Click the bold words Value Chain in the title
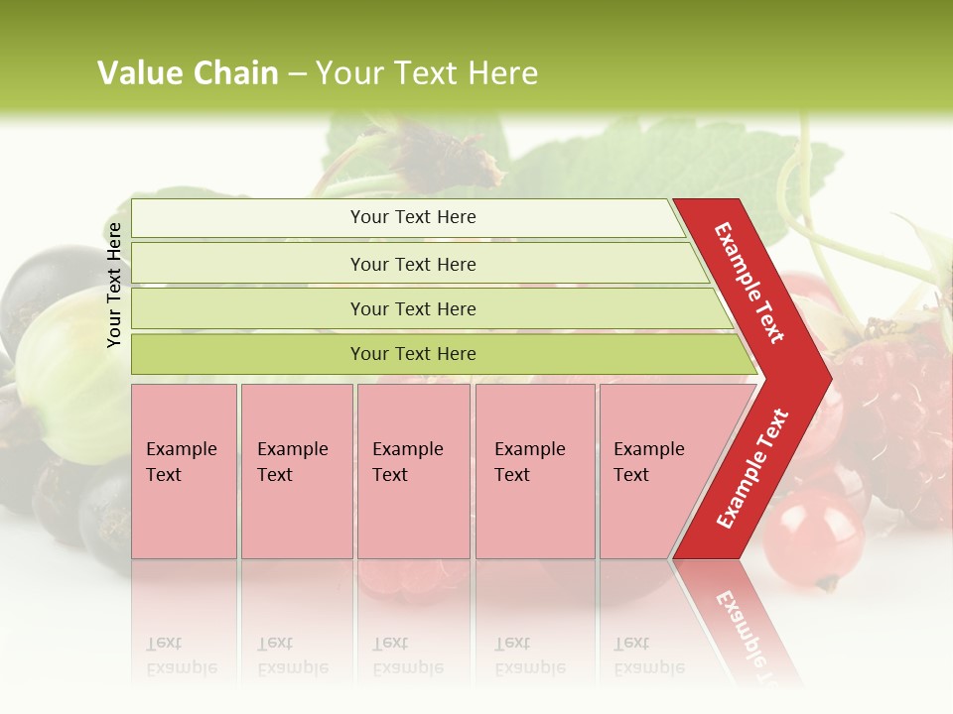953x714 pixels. pyautogui.click(x=188, y=73)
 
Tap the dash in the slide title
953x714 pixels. pyautogui.click(x=297, y=74)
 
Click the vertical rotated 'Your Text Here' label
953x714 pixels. pyautogui.click(x=114, y=285)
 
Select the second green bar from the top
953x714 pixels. pyautogui.click(x=413, y=264)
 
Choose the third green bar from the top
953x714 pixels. pyautogui.click(x=413, y=308)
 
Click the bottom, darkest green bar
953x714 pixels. pyautogui.click(x=413, y=354)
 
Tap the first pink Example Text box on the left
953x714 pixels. pyautogui.click(x=184, y=471)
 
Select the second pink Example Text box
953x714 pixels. pyautogui.click(x=296, y=471)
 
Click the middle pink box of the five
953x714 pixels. pyautogui.click(x=413, y=471)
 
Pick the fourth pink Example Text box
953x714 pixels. pyautogui.click(x=535, y=471)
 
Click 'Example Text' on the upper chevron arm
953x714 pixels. pyautogui.click(x=749, y=283)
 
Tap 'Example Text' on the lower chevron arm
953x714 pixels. pyautogui.click(x=752, y=469)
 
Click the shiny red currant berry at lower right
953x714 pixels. pyautogui.click(x=814, y=535)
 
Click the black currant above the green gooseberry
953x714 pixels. pyautogui.click(x=40, y=288)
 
